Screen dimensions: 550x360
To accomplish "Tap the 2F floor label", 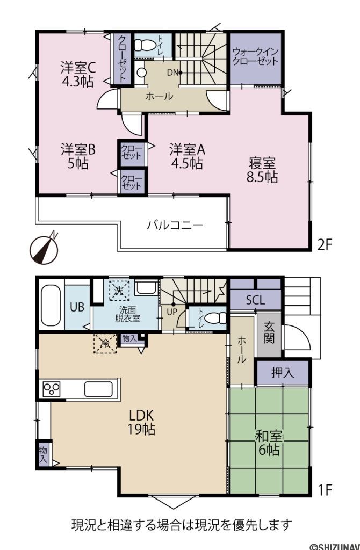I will [325, 244].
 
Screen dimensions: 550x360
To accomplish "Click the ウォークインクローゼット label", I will [256, 57].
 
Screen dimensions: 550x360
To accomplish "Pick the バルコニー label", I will [175, 225].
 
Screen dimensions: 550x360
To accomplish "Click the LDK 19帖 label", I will [141, 422].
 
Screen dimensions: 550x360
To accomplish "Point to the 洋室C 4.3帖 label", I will [77, 75].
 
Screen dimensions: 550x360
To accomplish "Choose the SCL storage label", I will [255, 300].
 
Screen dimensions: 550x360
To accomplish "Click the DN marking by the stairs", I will [173, 72].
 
